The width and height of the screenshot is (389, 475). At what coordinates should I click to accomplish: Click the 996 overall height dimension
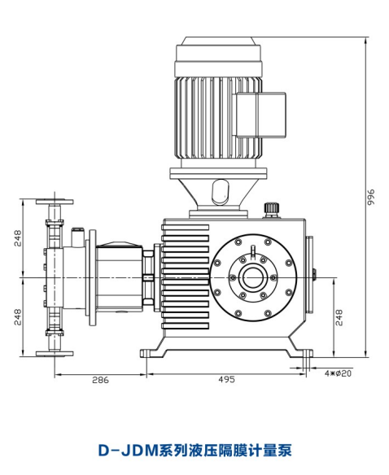tap(371, 197)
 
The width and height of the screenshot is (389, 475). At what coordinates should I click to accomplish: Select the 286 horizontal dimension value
tap(100, 380)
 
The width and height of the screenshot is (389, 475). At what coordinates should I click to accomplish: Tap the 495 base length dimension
tap(226, 380)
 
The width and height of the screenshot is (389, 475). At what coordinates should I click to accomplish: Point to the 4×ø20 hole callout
tap(338, 373)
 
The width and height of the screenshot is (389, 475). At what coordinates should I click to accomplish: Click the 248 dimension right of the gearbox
tap(339, 317)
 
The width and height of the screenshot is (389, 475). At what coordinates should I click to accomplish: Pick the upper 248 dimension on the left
tap(18, 238)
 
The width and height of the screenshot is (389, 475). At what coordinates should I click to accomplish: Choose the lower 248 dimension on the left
tap(18, 317)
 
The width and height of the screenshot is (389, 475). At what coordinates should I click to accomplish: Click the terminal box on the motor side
tap(260, 115)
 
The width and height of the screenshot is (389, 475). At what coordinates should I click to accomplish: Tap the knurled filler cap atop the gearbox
tap(271, 209)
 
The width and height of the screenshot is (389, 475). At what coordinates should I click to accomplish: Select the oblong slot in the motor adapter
tap(221, 192)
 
